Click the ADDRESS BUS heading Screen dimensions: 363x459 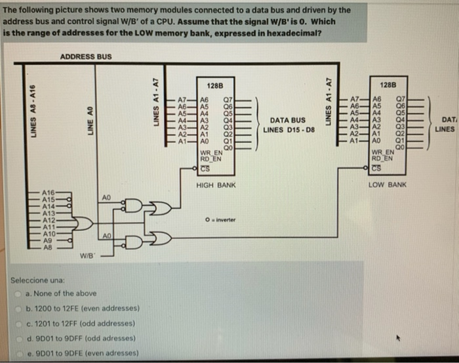click(86, 56)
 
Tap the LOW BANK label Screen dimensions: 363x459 click(388, 185)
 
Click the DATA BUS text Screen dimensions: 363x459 click(288, 120)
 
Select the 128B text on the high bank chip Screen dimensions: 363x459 click(215, 87)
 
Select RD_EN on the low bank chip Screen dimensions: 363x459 click(382, 158)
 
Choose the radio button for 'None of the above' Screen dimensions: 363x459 click(20, 293)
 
